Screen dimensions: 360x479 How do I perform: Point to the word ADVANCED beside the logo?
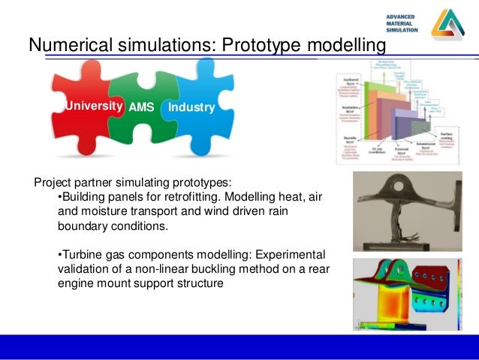(x=404, y=17)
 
